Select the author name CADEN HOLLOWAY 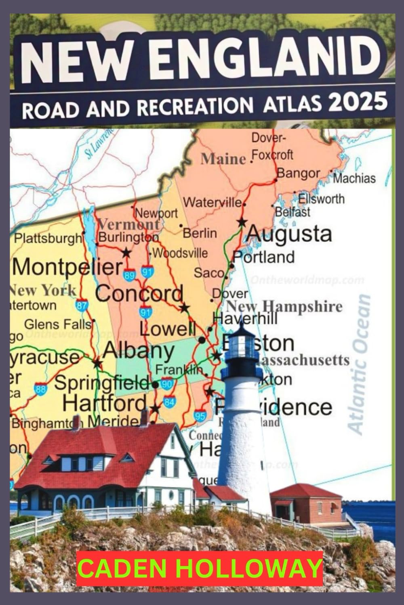point(200,568)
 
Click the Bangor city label point(298,174)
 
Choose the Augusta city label point(289,234)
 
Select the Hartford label point(105,403)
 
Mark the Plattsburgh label point(48,239)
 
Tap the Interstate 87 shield point(82,306)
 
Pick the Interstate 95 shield point(200,415)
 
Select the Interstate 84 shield point(169,402)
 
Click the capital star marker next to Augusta point(242,222)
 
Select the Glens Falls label point(58,324)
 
